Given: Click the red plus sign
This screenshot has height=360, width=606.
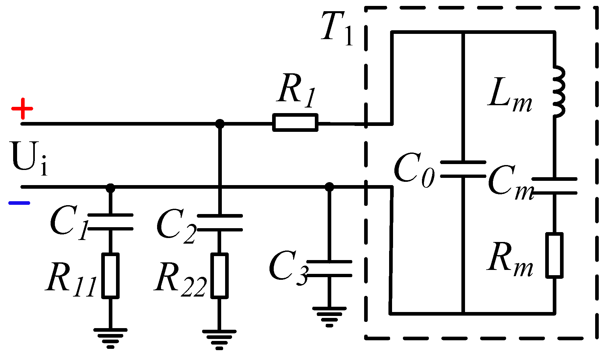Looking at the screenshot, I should coord(22,108).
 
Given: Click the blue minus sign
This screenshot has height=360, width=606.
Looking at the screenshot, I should coord(19,203).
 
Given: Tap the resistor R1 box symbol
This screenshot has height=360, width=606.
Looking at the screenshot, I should coord(295,123).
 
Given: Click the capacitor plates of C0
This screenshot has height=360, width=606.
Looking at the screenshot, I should coord(463,169).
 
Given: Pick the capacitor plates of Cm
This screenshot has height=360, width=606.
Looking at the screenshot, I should coord(554,186).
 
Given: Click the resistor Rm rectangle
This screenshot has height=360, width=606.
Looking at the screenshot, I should coord(554,255).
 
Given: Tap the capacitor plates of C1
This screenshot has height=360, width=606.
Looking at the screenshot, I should coord(110,222).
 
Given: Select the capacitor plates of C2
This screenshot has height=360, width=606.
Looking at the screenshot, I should coord(220,223).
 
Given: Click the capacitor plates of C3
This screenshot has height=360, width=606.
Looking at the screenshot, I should coord(329,269).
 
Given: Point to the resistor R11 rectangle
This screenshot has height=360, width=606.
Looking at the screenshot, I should coord(110,276).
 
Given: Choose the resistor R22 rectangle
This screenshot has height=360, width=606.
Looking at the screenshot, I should coord(220,276).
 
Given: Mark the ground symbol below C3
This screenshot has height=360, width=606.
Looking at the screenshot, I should coord(329,317).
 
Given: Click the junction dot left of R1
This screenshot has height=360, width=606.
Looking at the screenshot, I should coord(220,124).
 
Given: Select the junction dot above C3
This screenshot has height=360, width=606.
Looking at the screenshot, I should coord(329,187).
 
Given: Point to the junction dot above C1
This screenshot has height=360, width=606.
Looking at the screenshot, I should coord(110,188).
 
